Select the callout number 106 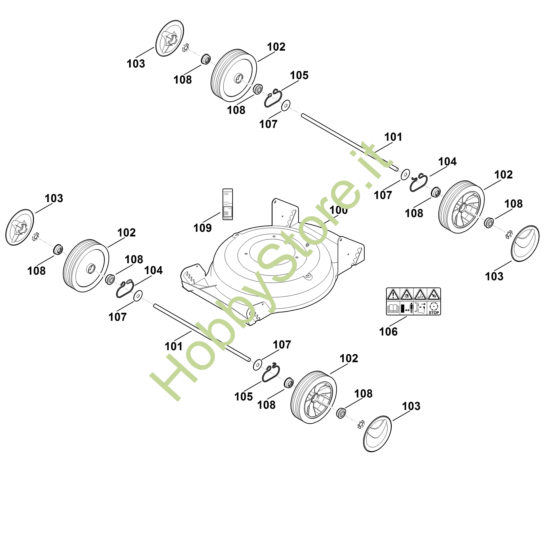click(388, 331)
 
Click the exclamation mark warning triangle click(393, 295)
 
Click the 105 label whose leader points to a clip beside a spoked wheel click(243, 397)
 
